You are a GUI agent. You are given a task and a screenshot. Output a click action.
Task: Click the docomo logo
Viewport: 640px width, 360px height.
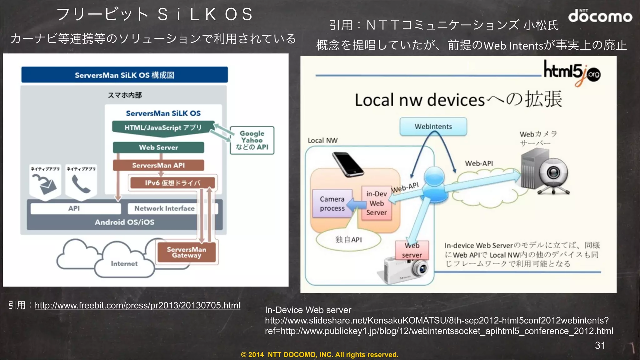tap(600, 16)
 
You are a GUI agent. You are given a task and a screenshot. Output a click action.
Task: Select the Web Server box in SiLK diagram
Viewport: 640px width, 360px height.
tap(158, 147)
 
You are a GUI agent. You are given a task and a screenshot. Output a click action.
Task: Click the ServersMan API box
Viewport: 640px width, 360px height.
tap(158, 165)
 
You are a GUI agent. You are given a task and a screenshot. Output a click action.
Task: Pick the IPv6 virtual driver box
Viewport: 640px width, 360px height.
tap(172, 183)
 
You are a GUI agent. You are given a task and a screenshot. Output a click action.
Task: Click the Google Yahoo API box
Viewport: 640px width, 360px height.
tap(252, 140)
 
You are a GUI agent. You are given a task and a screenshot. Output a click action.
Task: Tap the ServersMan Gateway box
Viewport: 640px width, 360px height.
tap(186, 252)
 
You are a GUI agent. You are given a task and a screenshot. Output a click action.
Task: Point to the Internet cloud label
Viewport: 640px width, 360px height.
tap(124, 264)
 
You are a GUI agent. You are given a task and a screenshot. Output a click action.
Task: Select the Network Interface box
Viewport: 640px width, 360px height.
tap(164, 208)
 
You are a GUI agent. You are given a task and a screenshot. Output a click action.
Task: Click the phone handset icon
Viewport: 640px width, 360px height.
tap(81, 184)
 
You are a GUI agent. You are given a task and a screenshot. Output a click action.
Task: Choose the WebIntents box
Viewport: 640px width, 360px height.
tap(433, 127)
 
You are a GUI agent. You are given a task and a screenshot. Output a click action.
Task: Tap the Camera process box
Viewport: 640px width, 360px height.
tap(332, 203)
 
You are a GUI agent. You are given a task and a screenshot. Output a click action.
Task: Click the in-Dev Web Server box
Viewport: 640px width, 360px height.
tap(377, 203)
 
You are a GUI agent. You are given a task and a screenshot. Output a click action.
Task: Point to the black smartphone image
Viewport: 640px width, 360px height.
tap(347, 164)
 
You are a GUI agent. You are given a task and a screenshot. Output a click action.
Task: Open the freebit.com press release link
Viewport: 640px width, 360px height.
tap(137, 305)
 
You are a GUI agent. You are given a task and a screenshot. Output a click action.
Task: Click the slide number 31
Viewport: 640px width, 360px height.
tap(600, 345)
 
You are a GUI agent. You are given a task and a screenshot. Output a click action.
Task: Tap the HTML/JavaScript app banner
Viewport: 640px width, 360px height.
tap(163, 128)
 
